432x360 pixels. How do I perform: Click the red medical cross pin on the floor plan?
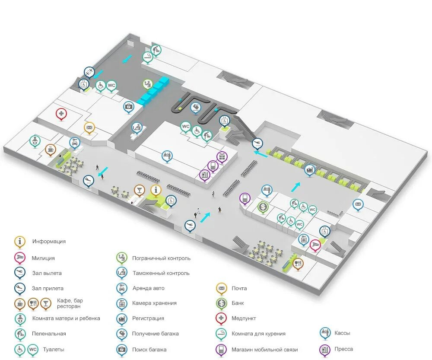(61, 114)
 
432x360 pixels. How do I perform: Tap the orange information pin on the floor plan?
(156, 190)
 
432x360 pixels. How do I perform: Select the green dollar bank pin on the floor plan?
(263, 207)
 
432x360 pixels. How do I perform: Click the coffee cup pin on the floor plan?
(51, 149)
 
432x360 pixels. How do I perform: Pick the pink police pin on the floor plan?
(315, 245)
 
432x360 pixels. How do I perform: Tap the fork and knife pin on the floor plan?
(298, 263)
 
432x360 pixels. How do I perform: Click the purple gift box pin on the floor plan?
(222, 156)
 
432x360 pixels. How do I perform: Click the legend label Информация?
(49, 242)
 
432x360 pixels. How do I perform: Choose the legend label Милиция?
(43, 258)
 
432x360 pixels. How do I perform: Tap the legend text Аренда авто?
(148, 288)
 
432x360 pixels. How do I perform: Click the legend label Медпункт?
(244, 319)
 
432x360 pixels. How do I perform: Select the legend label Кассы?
(342, 333)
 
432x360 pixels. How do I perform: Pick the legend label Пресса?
(343, 349)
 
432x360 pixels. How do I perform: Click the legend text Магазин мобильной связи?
(264, 350)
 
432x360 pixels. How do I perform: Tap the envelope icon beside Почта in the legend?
(221, 288)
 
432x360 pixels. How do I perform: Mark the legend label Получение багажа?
(155, 334)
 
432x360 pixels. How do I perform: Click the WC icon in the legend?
(33, 349)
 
